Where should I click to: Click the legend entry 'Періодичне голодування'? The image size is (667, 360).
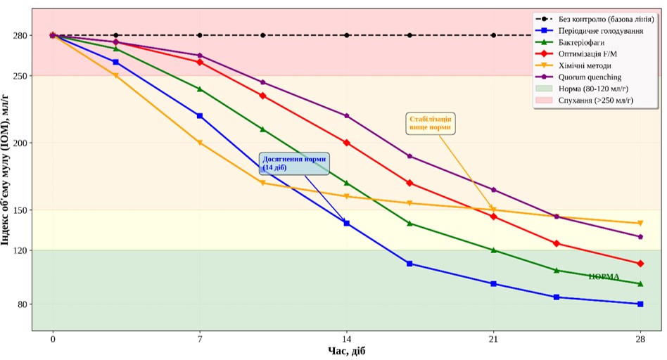(600, 32)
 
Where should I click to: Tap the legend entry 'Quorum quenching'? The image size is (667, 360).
(590, 77)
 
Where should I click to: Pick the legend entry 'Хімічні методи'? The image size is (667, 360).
(585, 65)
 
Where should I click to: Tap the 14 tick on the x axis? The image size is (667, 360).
(347, 340)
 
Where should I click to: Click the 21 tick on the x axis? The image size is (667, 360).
(494, 340)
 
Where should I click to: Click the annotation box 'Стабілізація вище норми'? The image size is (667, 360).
(431, 123)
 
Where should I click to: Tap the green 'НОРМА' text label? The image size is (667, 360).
(604, 277)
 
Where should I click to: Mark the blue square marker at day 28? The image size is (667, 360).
(640, 304)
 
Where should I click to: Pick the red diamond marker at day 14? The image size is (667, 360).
(347, 143)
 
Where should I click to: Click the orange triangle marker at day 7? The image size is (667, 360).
(200, 143)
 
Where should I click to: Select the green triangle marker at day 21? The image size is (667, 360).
(494, 250)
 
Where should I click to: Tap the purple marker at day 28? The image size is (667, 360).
(640, 237)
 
